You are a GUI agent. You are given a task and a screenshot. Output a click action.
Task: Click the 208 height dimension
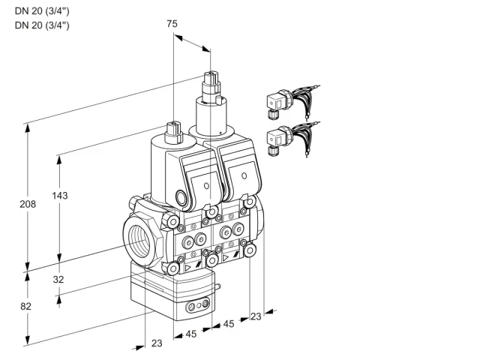tap(28, 204)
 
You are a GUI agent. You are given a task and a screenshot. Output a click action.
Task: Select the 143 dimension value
tap(60, 196)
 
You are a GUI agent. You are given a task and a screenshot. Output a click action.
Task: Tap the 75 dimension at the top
tap(172, 24)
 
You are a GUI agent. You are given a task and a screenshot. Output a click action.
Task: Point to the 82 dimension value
tap(25, 307)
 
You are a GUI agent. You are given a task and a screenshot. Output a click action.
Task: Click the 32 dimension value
tap(58, 280)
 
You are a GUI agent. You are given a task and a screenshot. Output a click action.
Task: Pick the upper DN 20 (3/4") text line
tap(42, 11)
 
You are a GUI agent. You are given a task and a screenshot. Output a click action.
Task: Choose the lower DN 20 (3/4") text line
tap(42, 25)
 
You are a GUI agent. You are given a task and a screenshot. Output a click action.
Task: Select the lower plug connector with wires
tap(292, 138)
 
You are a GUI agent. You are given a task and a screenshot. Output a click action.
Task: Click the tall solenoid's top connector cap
tap(211, 79)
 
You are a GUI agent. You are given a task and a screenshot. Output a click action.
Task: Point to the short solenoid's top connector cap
tap(173, 130)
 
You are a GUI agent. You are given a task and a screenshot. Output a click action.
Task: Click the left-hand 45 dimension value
tap(191, 334)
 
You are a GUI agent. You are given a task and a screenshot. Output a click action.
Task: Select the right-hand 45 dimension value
tap(229, 324)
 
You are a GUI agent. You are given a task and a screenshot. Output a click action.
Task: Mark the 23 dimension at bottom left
tap(157, 343)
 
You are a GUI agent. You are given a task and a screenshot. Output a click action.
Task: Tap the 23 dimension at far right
tap(256, 316)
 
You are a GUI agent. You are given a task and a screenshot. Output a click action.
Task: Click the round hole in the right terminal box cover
tap(244, 175)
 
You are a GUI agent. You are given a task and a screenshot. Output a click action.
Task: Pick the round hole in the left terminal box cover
tap(206, 186)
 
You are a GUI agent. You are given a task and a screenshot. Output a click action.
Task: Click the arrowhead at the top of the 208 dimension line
tap(28, 128)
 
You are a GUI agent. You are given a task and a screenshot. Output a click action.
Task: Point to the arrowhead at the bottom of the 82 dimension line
tap(28, 340)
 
